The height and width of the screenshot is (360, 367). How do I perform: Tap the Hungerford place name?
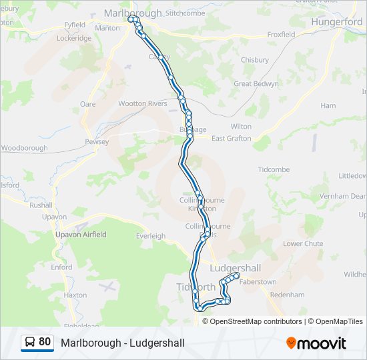337,22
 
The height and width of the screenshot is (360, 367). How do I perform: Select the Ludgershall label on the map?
236,268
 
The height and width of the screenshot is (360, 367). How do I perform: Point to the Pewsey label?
96,142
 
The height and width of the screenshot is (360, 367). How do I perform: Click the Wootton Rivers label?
142,103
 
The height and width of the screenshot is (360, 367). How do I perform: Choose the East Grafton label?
232,139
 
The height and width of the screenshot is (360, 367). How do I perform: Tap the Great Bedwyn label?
252,84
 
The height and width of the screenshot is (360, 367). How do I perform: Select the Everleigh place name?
151,236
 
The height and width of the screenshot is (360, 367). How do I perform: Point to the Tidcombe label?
274,170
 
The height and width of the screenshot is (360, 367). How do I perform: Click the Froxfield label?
281,34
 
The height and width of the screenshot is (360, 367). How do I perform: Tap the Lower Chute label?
303,244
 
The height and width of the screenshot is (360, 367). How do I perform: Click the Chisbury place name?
254,60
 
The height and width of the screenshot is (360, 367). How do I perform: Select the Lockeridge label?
74,39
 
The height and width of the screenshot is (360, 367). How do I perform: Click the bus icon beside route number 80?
30,343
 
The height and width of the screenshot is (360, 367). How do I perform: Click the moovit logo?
316,343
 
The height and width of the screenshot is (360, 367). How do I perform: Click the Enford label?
61,267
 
